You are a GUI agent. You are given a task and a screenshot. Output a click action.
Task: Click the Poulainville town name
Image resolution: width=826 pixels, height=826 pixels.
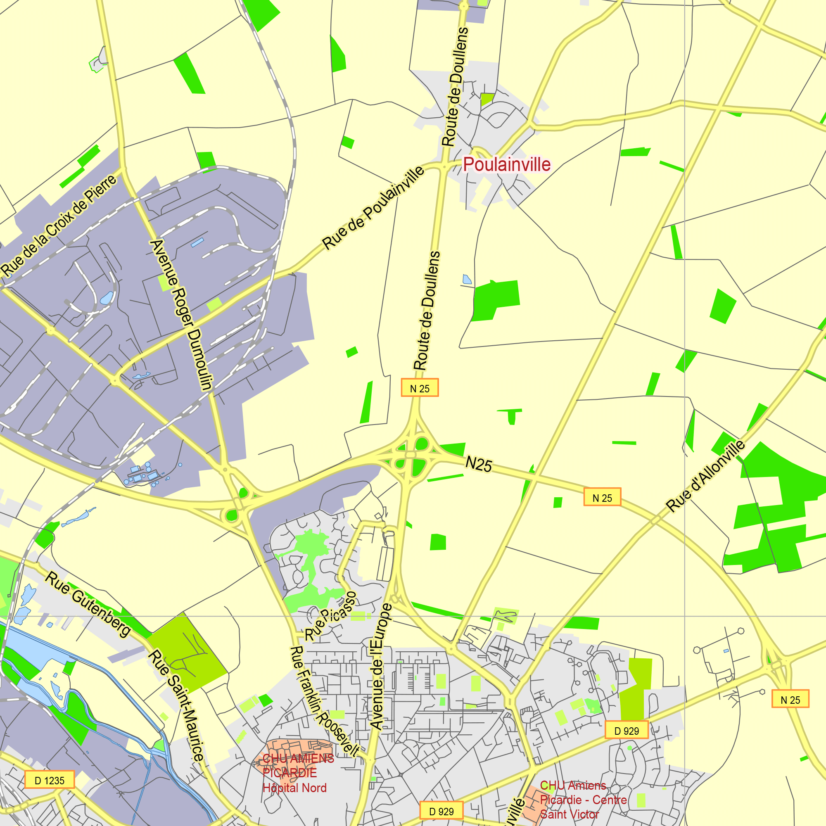[507, 165]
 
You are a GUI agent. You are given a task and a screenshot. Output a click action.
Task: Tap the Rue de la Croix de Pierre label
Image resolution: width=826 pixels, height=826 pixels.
[59, 225]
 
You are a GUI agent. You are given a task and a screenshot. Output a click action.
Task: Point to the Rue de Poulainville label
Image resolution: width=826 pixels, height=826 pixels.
[373, 208]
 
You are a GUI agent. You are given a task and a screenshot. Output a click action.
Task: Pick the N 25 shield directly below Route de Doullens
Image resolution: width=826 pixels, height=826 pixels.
[420, 388]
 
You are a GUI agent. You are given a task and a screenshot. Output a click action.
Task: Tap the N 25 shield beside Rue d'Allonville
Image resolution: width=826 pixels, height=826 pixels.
[602, 498]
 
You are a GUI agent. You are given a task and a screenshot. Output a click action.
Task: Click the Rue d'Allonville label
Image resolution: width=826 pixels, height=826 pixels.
[706, 476]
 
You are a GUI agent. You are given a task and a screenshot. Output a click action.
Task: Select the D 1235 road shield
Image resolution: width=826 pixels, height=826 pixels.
[50, 780]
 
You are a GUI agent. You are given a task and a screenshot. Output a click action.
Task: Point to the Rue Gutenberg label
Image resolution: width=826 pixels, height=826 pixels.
[88, 605]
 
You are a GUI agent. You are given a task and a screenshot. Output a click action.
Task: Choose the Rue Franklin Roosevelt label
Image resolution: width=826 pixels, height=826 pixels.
[325, 701]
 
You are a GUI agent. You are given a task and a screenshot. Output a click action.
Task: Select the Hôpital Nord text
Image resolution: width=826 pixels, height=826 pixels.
[294, 788]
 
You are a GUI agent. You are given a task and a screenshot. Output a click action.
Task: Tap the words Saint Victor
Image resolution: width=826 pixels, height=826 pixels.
[569, 814]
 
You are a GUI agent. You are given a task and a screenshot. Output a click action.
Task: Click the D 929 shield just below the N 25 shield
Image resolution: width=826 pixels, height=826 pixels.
[627, 731]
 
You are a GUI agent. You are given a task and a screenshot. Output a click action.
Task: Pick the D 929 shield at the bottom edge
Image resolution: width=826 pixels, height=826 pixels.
[441, 811]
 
